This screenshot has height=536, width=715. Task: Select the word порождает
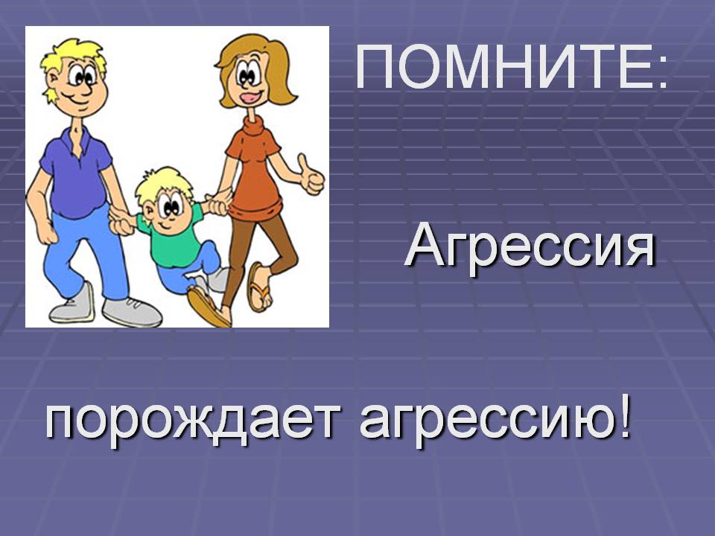pyautogui.click(x=194, y=420)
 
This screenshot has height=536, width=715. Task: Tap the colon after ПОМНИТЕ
pyautogui.click(x=662, y=73)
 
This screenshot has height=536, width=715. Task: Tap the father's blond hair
pyautogui.click(x=73, y=62)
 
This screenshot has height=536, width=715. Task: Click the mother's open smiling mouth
pyautogui.click(x=249, y=97)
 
